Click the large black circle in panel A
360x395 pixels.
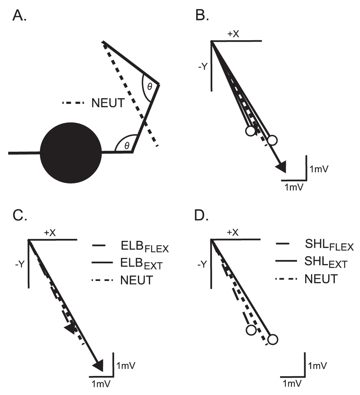pos(71,153)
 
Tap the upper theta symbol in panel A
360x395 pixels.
pos(150,87)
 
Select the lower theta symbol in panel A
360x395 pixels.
pos(127,145)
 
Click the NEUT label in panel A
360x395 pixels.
pos(108,103)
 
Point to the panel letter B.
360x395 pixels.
pos(202,15)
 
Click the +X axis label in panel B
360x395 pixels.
pos(233,34)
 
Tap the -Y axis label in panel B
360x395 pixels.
pos(203,67)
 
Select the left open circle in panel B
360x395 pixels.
pos(251,131)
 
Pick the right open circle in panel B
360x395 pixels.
pos(272,140)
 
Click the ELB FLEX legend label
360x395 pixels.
pos(145,247)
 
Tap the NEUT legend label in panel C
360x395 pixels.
pos(137,280)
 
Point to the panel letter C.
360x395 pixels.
pos(20,215)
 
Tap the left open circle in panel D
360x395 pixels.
pos(251,330)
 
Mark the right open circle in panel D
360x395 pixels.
pos(273,339)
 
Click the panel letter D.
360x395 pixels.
pos(202,215)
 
